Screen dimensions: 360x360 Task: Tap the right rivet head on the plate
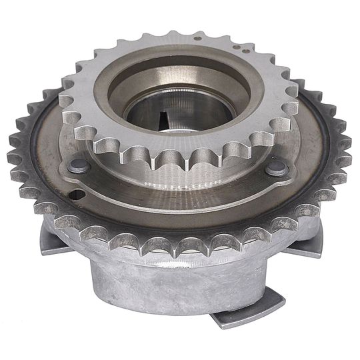click(277, 169)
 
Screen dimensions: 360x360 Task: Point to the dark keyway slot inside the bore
click(165, 120)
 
